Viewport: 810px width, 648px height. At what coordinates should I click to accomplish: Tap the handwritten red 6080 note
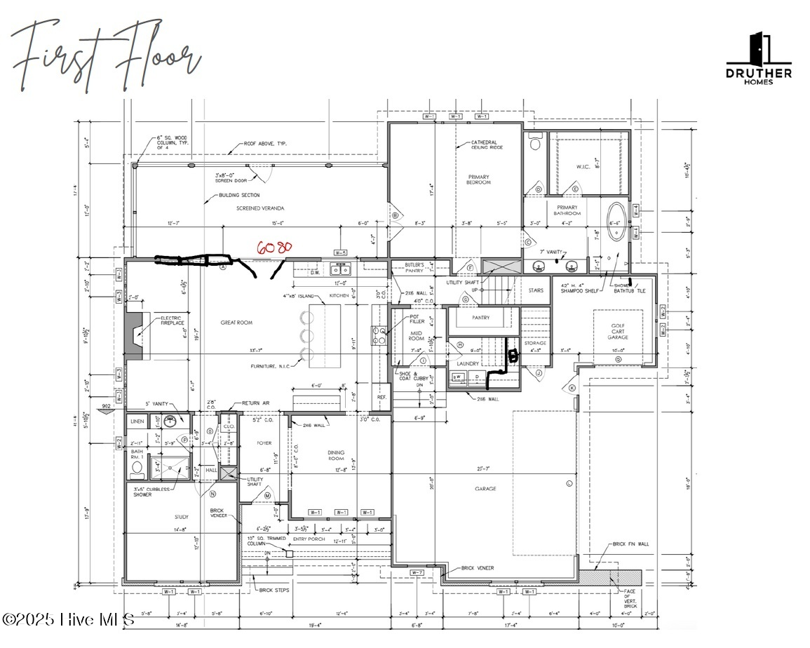[x=274, y=248]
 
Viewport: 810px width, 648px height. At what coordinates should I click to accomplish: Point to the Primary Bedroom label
[x=478, y=180]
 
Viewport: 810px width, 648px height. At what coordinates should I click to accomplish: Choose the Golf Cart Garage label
[x=617, y=332]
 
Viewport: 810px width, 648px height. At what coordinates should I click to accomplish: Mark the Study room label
[x=182, y=518]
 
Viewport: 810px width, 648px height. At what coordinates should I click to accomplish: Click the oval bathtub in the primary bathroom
[x=617, y=222]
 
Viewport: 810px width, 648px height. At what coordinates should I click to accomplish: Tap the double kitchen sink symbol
[x=341, y=269]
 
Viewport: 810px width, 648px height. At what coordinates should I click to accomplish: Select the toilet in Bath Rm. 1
[x=137, y=467]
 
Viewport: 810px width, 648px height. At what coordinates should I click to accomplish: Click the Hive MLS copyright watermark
[x=68, y=619]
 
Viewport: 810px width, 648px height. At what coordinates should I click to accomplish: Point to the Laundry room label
[x=468, y=364]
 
